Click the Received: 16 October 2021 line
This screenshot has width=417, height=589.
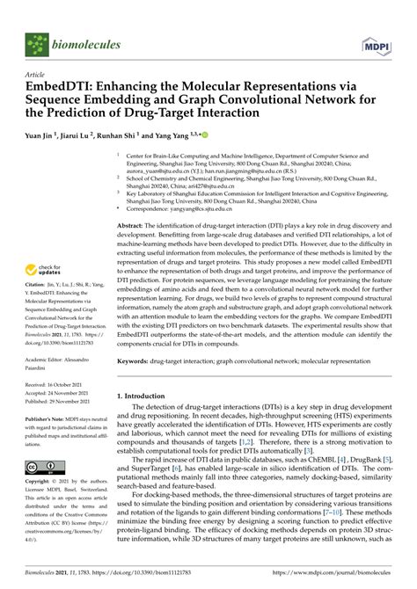click(58, 384)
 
